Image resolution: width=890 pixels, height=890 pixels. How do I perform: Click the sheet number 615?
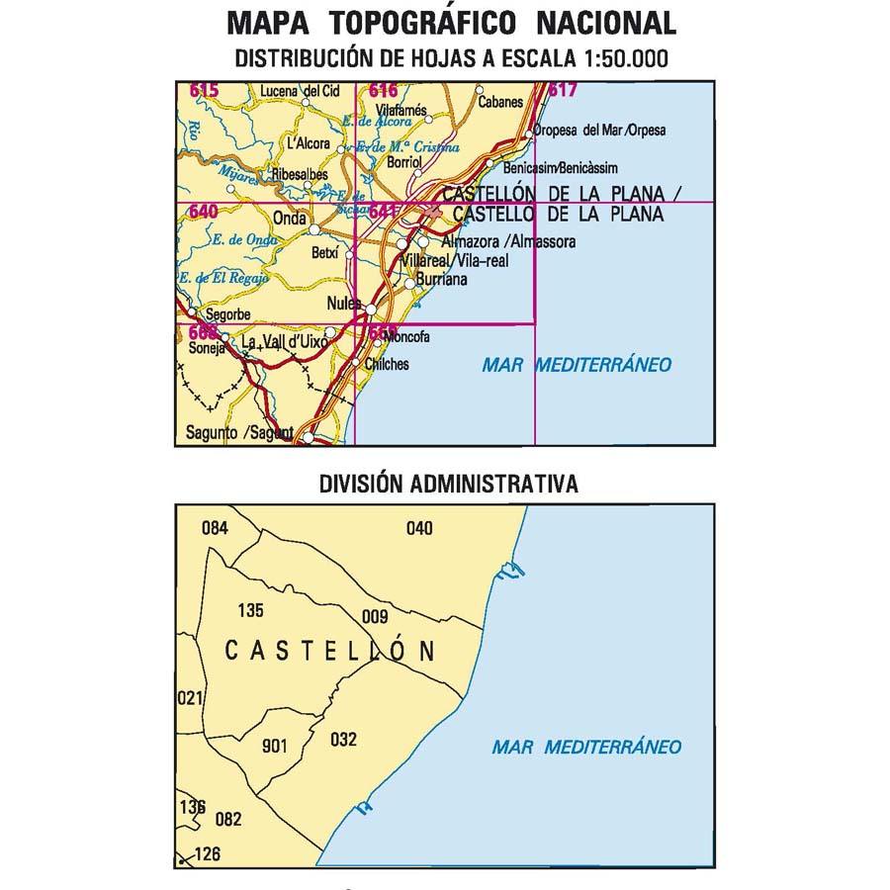204,92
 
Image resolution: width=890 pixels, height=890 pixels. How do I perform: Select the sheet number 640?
203,212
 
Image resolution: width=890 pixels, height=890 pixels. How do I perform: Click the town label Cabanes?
498,101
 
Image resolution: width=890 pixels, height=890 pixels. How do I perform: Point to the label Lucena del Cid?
299,92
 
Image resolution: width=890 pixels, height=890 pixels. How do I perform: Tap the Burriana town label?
440,281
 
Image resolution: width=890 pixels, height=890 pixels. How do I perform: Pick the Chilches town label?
387,364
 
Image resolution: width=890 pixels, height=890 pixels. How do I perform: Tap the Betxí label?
324,253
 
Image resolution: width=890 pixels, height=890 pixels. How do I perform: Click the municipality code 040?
419,528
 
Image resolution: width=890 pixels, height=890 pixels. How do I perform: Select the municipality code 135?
251,610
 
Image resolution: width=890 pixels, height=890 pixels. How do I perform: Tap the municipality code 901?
274,747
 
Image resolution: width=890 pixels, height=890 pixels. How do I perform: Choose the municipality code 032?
343,739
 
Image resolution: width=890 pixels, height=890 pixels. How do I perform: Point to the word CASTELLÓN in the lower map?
330,651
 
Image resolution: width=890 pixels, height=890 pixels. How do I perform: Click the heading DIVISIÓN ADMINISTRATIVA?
448,485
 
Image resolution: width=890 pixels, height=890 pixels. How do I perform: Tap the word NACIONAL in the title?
606,22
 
